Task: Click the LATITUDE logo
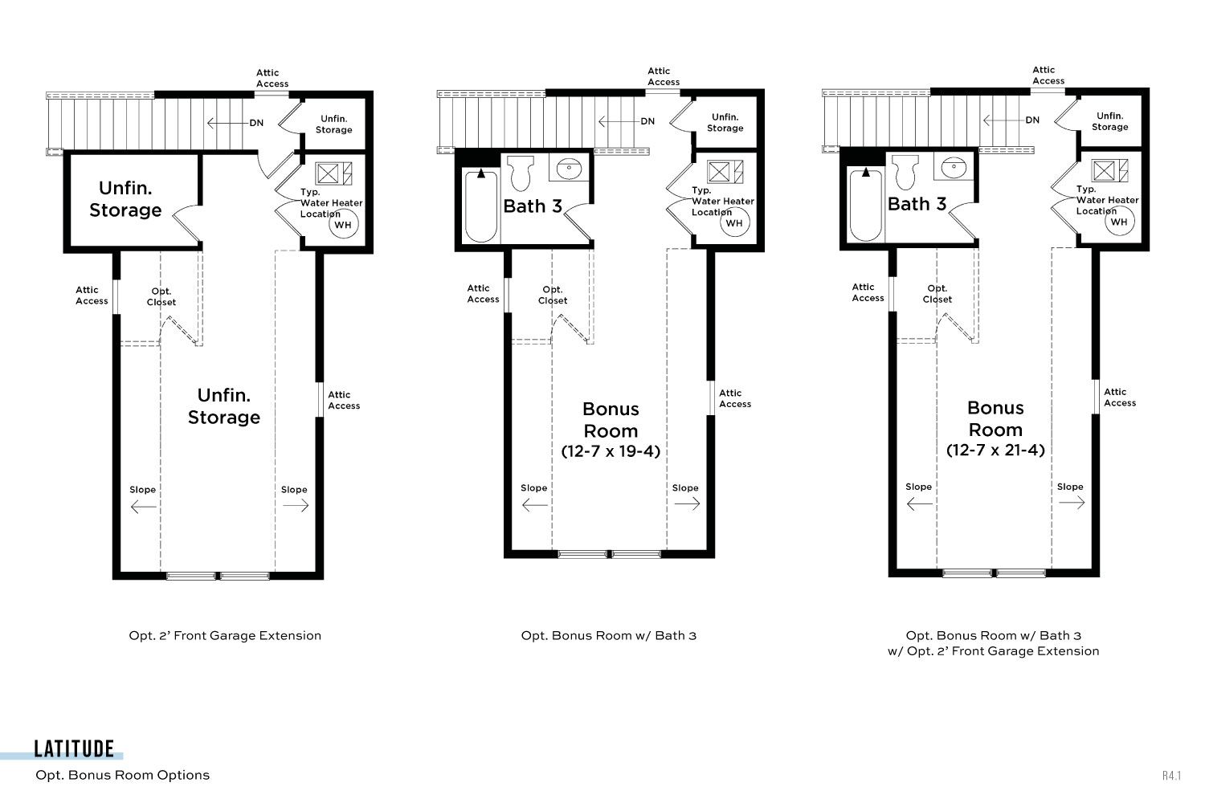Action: [74, 749]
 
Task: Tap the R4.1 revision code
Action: [1171, 776]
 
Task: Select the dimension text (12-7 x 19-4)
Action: [611, 450]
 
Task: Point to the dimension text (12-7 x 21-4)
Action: [995, 450]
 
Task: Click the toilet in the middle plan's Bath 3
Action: [521, 173]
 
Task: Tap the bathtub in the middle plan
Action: [481, 206]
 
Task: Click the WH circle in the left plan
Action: [343, 225]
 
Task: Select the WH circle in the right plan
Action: [1119, 222]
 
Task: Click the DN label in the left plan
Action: [256, 123]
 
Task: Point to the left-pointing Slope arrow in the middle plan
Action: [535, 504]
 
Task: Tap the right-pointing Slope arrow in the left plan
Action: [296, 506]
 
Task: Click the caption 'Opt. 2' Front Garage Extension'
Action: [225, 636]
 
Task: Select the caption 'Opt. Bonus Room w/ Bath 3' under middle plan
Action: [608, 636]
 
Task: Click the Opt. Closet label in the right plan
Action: [937, 294]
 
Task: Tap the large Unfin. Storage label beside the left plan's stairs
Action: [125, 199]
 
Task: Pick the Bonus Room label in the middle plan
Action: [611, 420]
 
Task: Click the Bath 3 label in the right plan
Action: [917, 205]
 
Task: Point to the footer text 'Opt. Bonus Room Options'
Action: [123, 775]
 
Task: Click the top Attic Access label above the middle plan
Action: [664, 76]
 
